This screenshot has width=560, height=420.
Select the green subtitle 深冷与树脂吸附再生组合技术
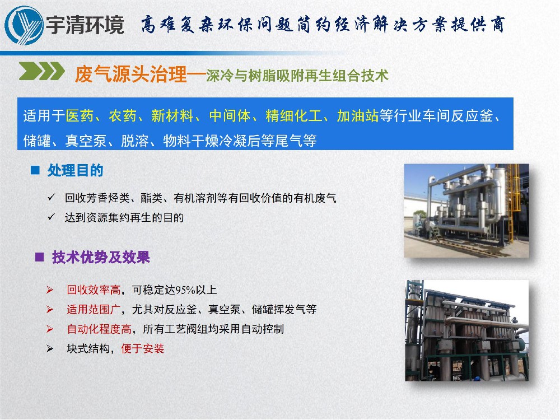[297, 76]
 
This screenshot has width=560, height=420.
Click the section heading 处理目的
[76, 170]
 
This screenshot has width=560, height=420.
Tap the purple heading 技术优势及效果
[101, 258]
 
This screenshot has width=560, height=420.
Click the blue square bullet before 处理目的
[35, 170]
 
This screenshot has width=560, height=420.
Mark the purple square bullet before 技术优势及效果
[39, 258]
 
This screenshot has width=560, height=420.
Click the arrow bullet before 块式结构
[50, 349]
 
